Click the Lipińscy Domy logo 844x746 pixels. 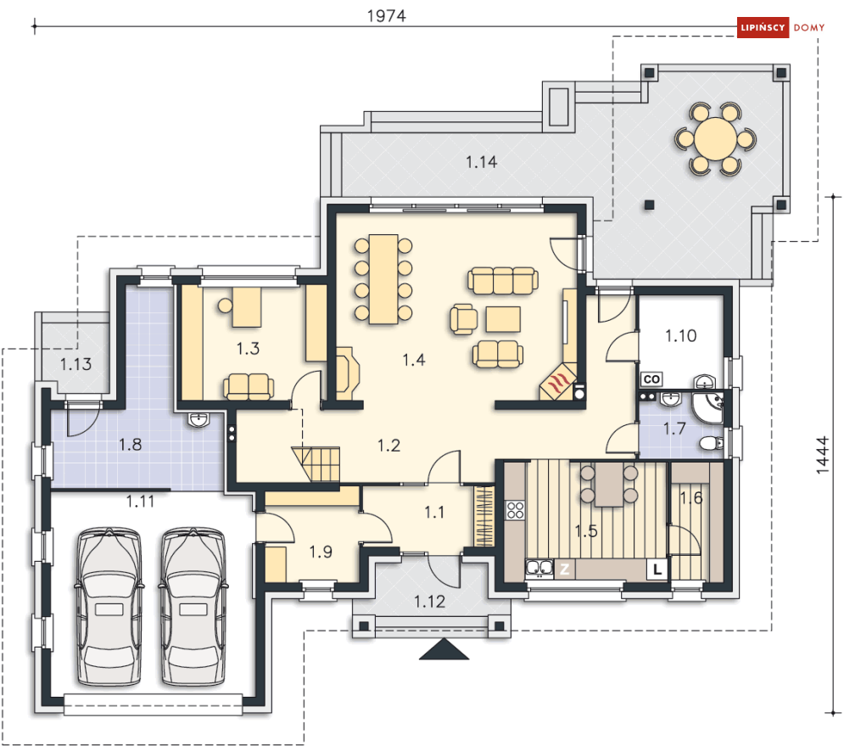781,27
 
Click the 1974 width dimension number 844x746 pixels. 387,16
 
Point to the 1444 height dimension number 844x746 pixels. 823,455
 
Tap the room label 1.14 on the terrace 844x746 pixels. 481,162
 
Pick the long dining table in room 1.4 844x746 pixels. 383,279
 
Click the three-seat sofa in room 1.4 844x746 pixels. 503,280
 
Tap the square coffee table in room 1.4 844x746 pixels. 503,319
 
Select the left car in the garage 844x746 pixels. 109,607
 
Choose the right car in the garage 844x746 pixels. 193,607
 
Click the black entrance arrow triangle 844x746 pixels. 444,649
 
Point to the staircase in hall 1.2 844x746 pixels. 316,464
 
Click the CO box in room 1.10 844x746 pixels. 651,379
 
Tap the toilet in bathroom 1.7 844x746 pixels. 712,443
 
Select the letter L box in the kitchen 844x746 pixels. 657,569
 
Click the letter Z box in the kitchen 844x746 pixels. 565,569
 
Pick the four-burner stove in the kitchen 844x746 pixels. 515,510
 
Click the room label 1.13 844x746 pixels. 75,364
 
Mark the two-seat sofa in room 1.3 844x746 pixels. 249,387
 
